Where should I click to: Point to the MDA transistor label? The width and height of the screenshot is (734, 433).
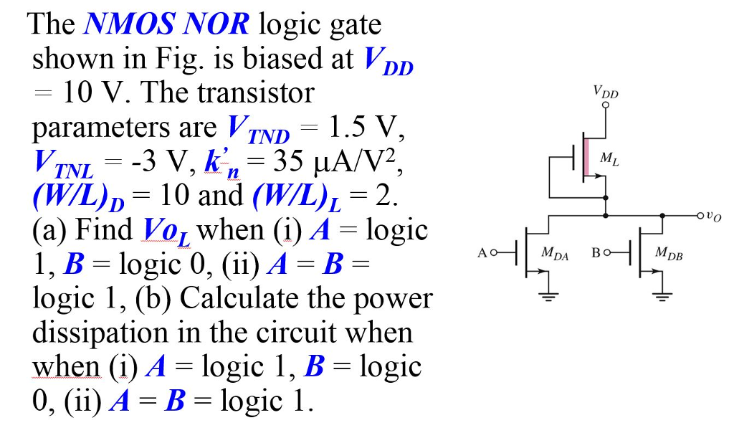coord(556,252)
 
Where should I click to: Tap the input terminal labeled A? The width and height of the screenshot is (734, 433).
coord(491,252)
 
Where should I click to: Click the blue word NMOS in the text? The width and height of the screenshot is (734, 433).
coord(125,25)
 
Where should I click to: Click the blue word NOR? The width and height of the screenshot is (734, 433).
coord(216,25)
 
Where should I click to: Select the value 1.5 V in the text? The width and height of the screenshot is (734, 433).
coord(365,129)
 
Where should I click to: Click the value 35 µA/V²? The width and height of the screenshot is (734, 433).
coord(336,164)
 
